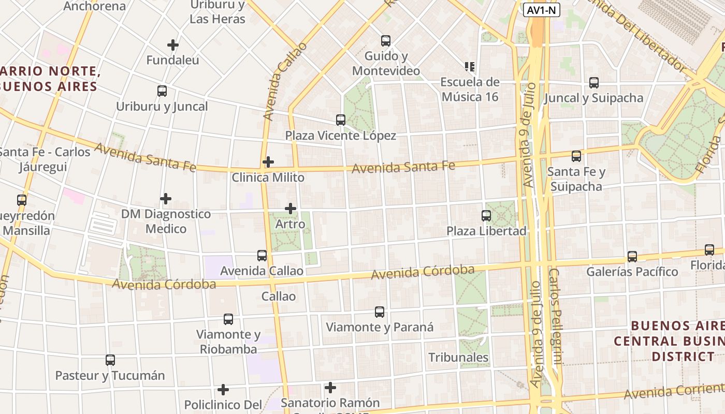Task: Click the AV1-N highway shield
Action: click(x=542, y=9)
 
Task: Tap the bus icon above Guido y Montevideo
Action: click(x=385, y=41)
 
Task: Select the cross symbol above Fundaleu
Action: click(x=173, y=45)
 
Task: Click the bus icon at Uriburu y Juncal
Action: click(x=162, y=92)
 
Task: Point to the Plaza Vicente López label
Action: click(x=341, y=136)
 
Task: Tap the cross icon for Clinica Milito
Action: click(x=268, y=162)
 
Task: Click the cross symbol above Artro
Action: click(x=291, y=209)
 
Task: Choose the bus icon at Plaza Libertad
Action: click(x=486, y=216)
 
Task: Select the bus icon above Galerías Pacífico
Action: click(x=632, y=256)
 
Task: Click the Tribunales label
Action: click(x=458, y=357)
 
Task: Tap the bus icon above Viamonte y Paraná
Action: click(x=380, y=312)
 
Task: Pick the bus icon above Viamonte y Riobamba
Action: click(x=228, y=319)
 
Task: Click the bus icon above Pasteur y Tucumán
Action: click(x=110, y=360)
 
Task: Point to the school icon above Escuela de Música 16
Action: click(x=470, y=67)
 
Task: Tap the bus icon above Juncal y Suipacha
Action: click(x=594, y=83)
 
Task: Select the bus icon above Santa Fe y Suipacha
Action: click(x=576, y=156)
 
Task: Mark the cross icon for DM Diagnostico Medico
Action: click(x=166, y=199)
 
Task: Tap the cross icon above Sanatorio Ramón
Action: click(x=330, y=388)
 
